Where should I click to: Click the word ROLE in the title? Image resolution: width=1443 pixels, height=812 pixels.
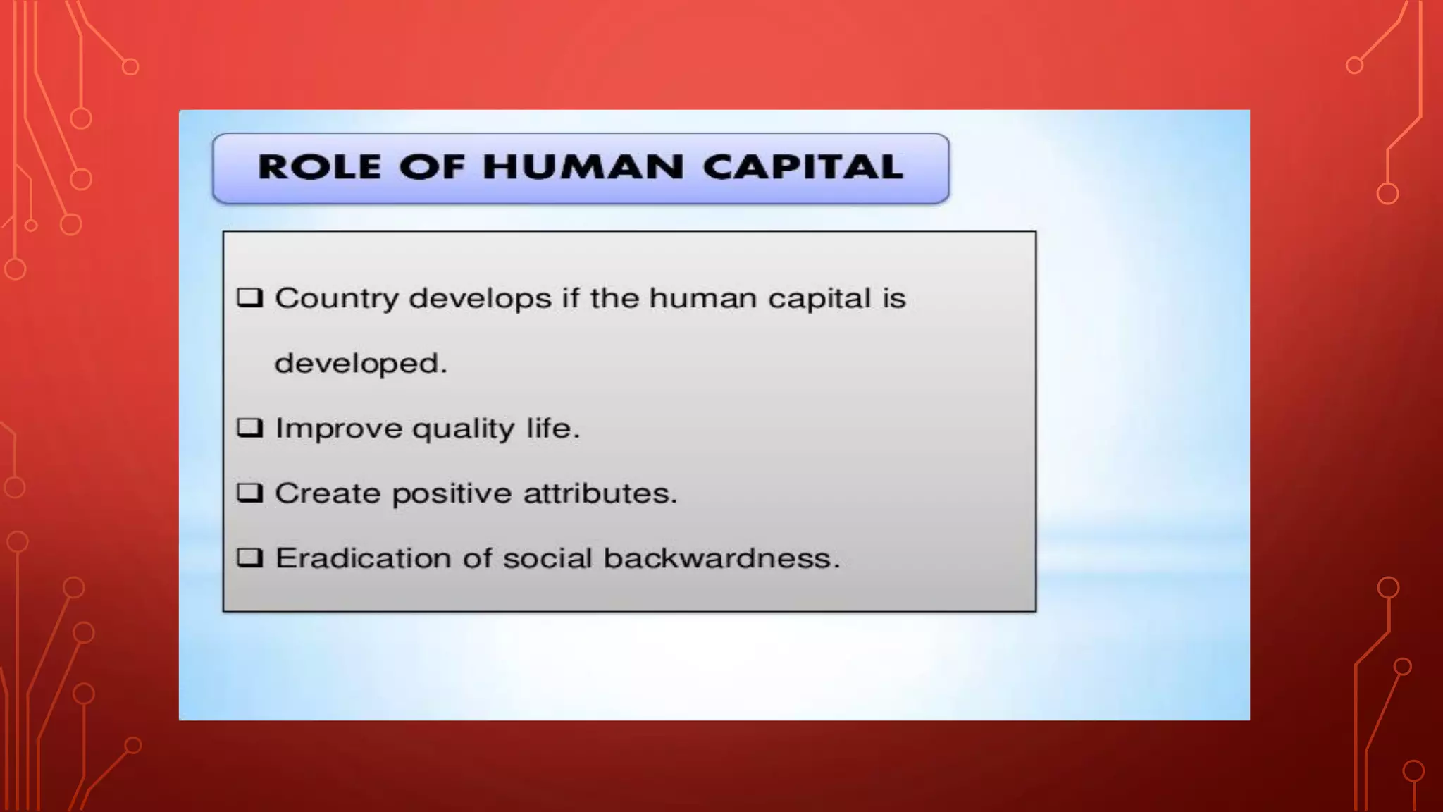(x=319, y=168)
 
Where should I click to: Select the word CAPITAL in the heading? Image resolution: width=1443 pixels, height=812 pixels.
(x=803, y=168)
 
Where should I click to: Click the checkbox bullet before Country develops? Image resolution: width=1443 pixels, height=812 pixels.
(x=249, y=297)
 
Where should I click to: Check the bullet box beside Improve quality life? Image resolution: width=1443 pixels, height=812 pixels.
(x=249, y=428)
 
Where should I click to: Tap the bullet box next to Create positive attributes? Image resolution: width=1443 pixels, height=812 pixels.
(x=249, y=493)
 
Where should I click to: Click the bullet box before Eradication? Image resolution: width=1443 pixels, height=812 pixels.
(x=249, y=558)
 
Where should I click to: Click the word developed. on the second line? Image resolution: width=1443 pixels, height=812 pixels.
(x=360, y=364)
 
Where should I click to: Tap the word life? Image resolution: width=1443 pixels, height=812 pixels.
(x=552, y=428)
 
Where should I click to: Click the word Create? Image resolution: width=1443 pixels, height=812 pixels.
(x=328, y=493)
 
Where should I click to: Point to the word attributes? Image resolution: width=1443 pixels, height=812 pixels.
(x=600, y=493)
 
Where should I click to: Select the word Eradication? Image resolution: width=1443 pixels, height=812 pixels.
(x=363, y=558)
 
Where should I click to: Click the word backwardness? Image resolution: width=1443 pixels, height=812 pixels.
(x=721, y=558)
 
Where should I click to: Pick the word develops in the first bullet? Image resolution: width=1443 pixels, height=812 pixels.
(x=480, y=299)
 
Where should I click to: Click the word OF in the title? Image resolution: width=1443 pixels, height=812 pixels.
(x=432, y=168)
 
